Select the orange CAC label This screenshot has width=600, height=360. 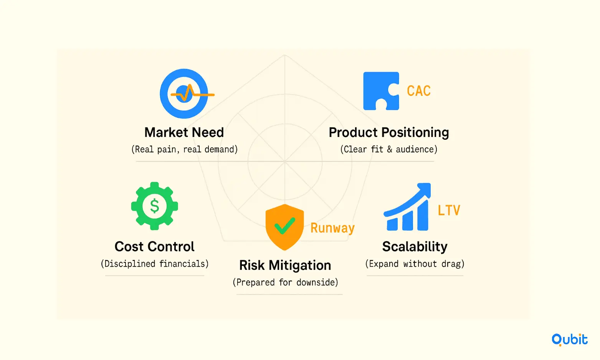(x=419, y=91)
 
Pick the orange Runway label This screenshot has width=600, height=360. (x=332, y=228)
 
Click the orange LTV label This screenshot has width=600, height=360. (x=449, y=210)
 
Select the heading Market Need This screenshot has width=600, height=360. (x=184, y=132)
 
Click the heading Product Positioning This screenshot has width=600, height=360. (x=388, y=132)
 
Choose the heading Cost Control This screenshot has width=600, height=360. (x=155, y=246)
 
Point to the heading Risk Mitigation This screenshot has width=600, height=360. (x=285, y=266)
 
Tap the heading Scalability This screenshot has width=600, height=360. (x=415, y=247)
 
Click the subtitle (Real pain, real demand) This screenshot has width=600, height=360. (x=185, y=149)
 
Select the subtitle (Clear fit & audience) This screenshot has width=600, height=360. (x=388, y=149)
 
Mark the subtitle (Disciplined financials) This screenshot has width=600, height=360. (x=155, y=264)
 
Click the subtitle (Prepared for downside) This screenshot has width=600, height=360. (x=285, y=282)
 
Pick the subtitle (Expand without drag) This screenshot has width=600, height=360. (x=415, y=264)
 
